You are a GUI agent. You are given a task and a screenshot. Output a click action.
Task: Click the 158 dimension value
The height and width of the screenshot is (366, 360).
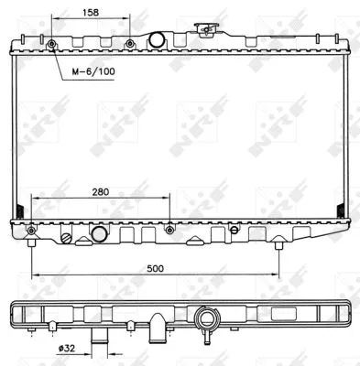click(90, 14)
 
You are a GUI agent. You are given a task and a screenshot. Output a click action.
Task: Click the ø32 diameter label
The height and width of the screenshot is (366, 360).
click(66, 349)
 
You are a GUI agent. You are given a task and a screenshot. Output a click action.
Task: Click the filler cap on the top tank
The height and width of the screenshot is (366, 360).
click(213, 28)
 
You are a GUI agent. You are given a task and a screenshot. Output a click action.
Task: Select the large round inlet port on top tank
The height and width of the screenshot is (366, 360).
click(157, 39)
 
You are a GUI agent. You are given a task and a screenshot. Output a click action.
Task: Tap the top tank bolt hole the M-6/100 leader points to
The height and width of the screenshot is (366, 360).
click(51, 44)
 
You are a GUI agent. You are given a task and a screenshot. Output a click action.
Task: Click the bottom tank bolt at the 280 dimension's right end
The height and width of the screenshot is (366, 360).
click(169, 228)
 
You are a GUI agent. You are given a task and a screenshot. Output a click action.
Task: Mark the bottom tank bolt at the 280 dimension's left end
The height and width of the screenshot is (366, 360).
click(32, 229)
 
